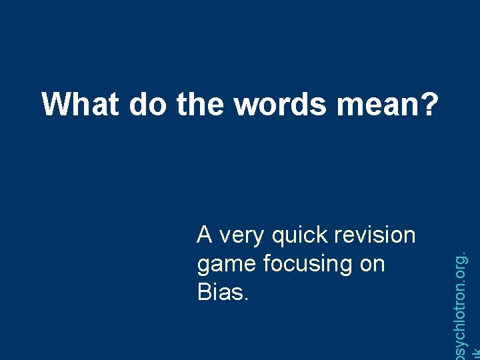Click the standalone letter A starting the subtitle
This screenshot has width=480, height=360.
pyautogui.click(x=205, y=235)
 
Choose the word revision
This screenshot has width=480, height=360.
pyautogui.click(x=375, y=235)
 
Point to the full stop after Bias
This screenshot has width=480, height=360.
pyautogui.click(x=247, y=299)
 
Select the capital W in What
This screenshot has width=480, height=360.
pyautogui.click(x=56, y=104)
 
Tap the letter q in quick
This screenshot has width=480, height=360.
pyautogui.click(x=279, y=237)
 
